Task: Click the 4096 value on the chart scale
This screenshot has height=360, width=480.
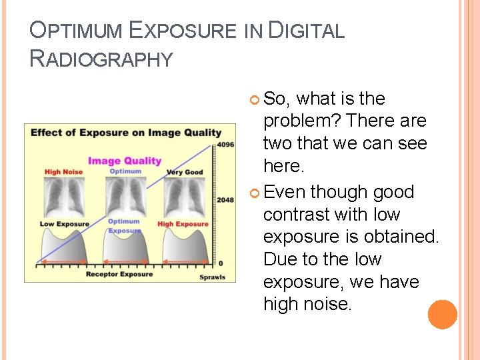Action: [225, 143]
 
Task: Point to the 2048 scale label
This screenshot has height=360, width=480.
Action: [225, 199]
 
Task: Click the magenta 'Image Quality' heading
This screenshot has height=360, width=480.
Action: [125, 160]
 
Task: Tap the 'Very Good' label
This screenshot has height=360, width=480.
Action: [185, 172]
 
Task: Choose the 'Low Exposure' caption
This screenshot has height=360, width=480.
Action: [64, 224]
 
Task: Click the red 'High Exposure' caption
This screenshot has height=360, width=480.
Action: [183, 224]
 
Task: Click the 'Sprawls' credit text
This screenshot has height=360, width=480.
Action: [213, 277]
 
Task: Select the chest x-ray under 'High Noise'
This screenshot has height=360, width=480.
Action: [64, 197]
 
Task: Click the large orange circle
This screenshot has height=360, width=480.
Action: [443, 315]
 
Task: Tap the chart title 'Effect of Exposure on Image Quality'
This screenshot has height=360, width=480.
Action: [125, 132]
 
